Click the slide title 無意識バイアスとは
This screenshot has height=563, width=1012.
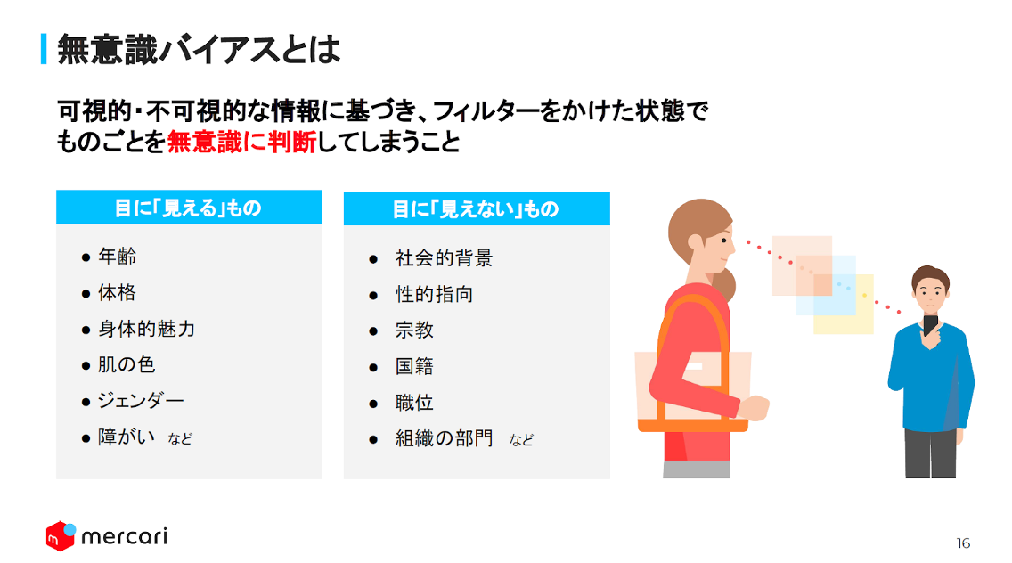198,49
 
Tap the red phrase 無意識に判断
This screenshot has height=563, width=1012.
242,142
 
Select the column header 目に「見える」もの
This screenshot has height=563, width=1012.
188,208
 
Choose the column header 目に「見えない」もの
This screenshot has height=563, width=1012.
476,209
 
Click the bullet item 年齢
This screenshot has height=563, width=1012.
117,257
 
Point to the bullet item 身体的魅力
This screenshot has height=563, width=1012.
146,329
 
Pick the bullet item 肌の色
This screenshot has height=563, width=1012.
126,364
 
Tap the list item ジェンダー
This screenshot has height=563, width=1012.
141,401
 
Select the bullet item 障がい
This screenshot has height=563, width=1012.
126,437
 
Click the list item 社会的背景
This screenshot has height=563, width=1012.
444,258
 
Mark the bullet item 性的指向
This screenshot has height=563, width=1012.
435,294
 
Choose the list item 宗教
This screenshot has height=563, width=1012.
414,330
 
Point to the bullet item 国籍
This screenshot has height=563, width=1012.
414,367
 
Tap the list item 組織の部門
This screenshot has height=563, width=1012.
444,438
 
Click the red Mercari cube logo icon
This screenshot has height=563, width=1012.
61,536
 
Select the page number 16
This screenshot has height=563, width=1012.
963,543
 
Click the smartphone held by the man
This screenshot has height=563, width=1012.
930,325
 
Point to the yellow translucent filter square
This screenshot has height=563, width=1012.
844,304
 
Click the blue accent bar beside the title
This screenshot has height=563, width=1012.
44,49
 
